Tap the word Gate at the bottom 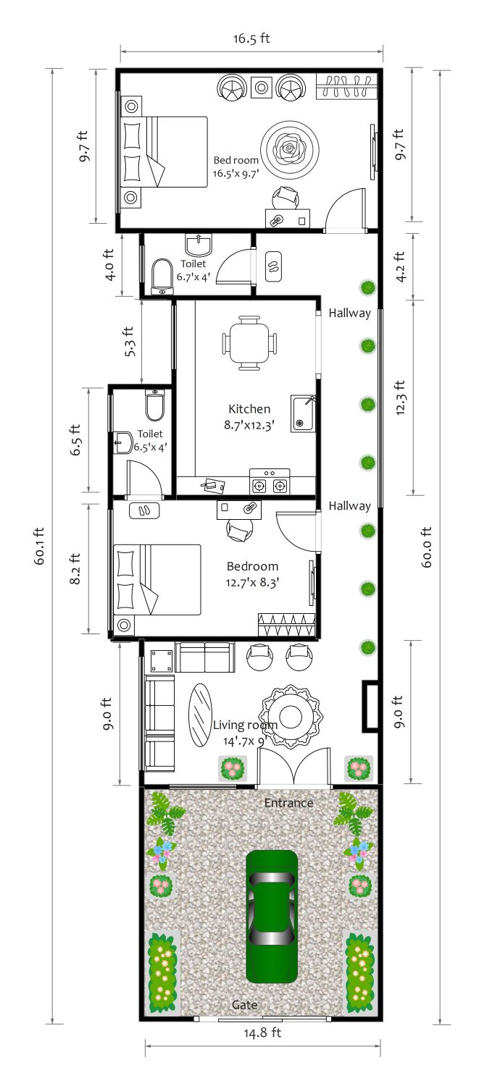click(x=244, y=1005)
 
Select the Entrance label click(x=288, y=802)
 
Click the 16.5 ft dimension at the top click(x=251, y=38)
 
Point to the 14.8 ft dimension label click(x=262, y=1032)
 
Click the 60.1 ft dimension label click(x=39, y=545)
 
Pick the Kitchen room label click(x=249, y=409)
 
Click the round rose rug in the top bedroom click(x=290, y=148)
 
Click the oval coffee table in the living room click(x=200, y=715)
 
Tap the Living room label click(x=245, y=725)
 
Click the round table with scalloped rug click(x=291, y=716)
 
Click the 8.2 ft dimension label click(x=75, y=568)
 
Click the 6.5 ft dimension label click(x=75, y=439)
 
